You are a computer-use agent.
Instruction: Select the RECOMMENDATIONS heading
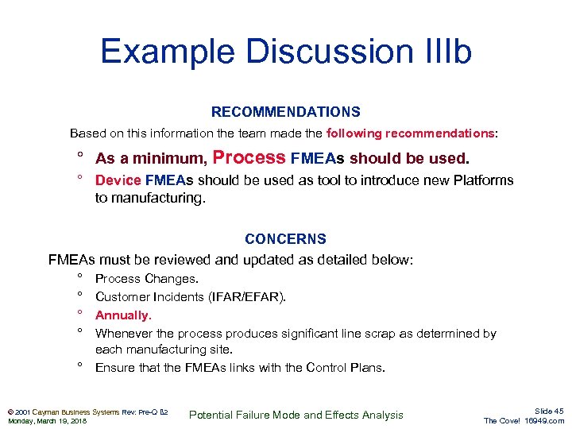[x=285, y=112]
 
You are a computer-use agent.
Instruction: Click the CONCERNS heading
[x=285, y=238]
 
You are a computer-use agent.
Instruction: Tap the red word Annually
[x=123, y=315]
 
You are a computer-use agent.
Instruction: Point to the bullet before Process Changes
[x=81, y=278]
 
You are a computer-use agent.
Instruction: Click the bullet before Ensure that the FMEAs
[x=81, y=366]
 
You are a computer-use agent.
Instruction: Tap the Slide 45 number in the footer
[x=549, y=410]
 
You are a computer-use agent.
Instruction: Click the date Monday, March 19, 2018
[x=48, y=420]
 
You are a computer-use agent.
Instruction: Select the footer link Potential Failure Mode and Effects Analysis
[x=297, y=415]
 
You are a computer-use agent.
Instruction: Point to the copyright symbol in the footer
[x=9, y=411]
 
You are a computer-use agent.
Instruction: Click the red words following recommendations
[x=410, y=133]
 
